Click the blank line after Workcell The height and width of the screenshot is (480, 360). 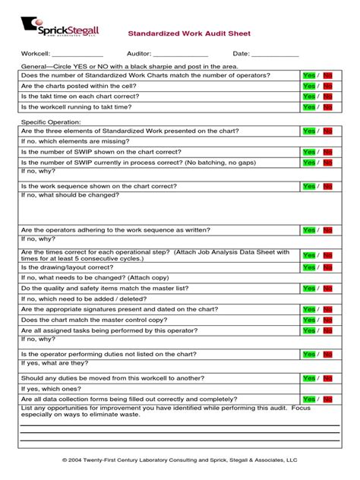tap(78, 55)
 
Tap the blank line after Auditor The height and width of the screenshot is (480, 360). tap(181, 55)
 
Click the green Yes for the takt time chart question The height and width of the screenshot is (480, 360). tap(308, 96)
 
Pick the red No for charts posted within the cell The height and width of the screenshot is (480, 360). tap(327, 86)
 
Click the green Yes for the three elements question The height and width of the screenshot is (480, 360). tap(308, 131)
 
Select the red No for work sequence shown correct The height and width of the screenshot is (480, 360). tap(327, 186)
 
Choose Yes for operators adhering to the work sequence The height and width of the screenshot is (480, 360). tap(308, 230)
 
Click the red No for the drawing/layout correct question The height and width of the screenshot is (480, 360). tap(327, 267)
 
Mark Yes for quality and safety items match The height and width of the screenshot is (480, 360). tap(308, 289)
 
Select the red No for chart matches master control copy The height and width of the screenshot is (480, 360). tap(327, 320)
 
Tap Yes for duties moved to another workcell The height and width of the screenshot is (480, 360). tap(308, 378)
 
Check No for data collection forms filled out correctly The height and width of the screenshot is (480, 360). tap(327, 399)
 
